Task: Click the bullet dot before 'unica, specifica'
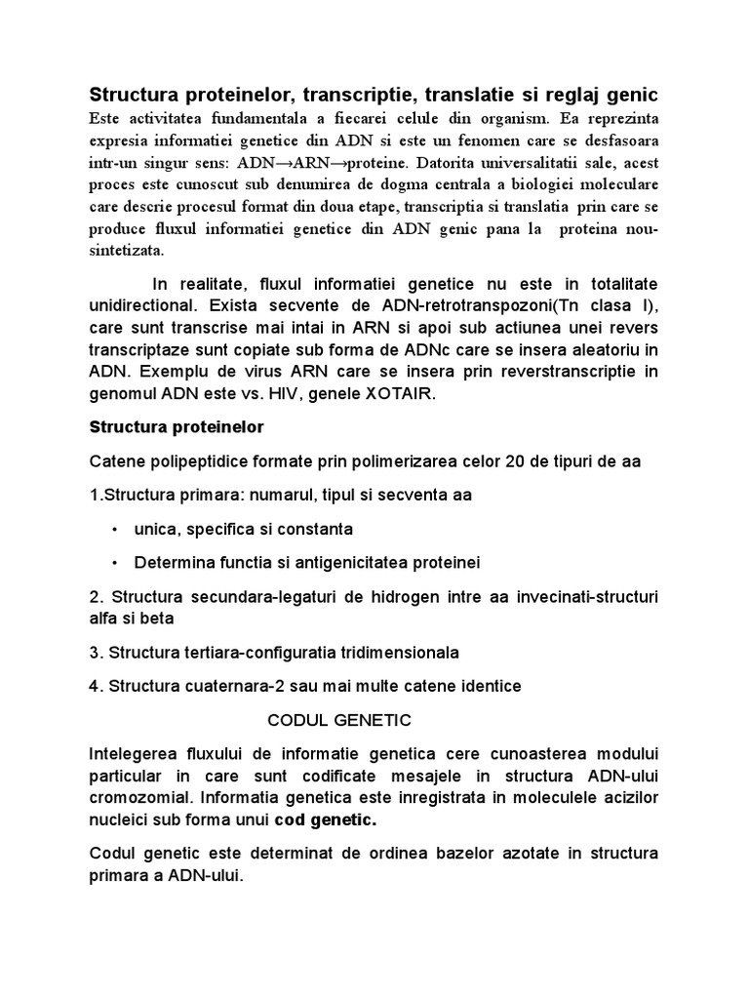coord(114,530)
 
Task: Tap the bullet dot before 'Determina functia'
coord(114,564)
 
